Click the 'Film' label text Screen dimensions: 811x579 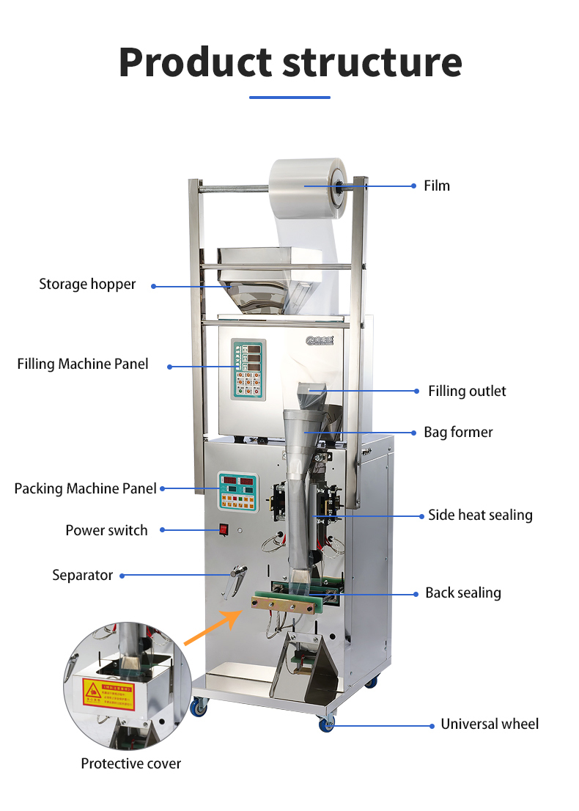(437, 186)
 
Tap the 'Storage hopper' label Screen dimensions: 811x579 (87, 285)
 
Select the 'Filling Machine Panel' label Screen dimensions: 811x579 (83, 364)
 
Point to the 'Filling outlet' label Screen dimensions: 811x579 (467, 392)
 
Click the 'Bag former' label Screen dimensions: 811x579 (458, 433)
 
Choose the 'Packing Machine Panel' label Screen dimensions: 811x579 (85, 488)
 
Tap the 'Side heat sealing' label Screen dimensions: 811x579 (480, 515)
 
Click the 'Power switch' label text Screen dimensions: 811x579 (106, 531)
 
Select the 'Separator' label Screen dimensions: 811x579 (82, 576)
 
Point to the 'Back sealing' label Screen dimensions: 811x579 (463, 593)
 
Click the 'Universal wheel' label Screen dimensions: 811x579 (489, 724)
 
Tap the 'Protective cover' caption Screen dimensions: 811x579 (130, 764)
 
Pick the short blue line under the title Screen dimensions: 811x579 (289, 97)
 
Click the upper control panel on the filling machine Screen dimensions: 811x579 (247, 369)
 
